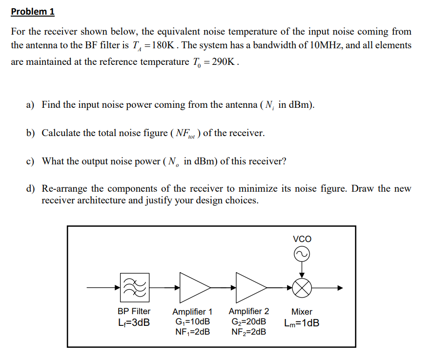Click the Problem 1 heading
point(33,11)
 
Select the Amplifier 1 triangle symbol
point(193,288)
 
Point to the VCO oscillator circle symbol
point(302,254)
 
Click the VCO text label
point(302,239)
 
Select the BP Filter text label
point(134,311)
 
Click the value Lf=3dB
point(134,322)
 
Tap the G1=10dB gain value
point(192,322)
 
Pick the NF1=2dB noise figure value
point(192,332)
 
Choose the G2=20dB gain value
point(248,322)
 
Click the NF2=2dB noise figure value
point(248,332)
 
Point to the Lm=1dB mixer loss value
point(302,323)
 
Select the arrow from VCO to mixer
point(302,268)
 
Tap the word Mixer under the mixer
point(302,312)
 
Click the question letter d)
point(31,189)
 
